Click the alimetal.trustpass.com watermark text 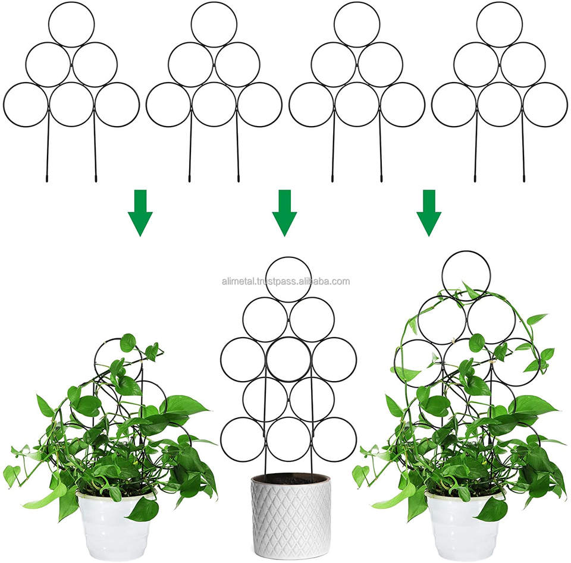pyautogui.click(x=285, y=282)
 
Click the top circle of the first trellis pyautogui.click(x=71, y=24)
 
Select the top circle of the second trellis pyautogui.click(x=214, y=24)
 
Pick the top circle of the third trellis pyautogui.click(x=356, y=24)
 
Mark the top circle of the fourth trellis pyautogui.click(x=499, y=24)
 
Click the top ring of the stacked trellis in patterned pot pyautogui.click(x=288, y=279)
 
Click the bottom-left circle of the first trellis pyautogui.click(x=25, y=105)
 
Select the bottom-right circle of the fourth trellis pyautogui.click(x=545, y=105)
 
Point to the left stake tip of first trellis pyautogui.click(x=47, y=178)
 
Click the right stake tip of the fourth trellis pyautogui.click(x=524, y=178)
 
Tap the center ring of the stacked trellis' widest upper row pyautogui.click(x=288, y=359)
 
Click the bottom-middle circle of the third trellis pyautogui.click(x=356, y=105)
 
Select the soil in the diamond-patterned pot pyautogui.click(x=290, y=478)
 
